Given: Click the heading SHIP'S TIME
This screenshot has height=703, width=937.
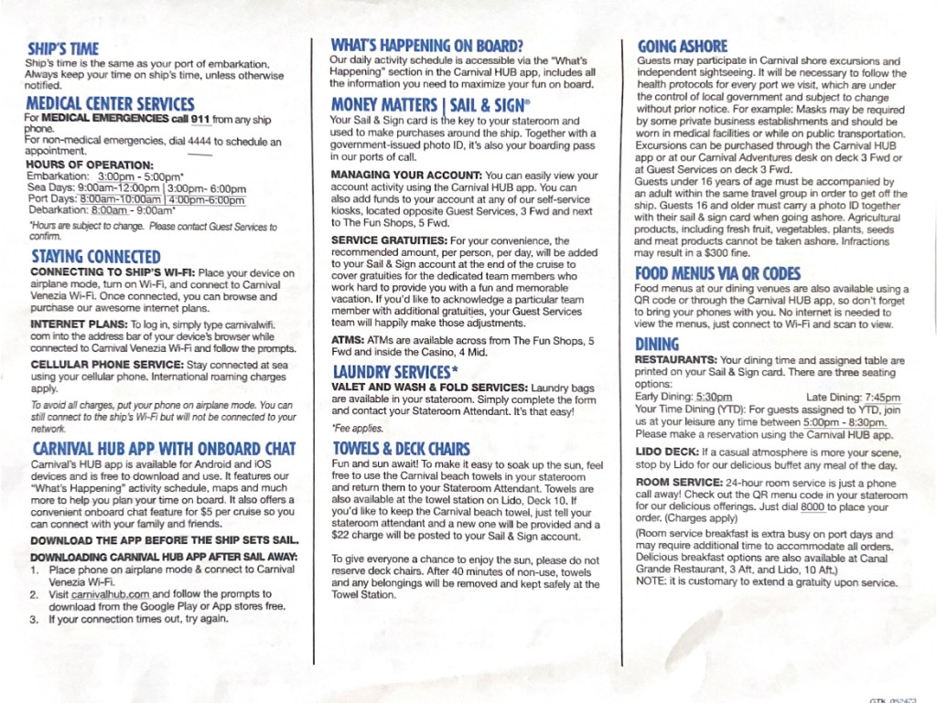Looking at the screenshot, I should (62, 48).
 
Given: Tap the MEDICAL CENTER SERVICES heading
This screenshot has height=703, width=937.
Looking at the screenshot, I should (110, 103).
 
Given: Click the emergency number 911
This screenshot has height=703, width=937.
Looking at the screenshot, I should (200, 119).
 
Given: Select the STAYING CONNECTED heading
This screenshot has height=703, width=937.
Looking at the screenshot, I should (95, 257).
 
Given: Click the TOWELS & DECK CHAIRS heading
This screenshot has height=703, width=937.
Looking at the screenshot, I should (401, 449).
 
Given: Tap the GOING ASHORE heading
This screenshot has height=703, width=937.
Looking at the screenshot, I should (683, 46).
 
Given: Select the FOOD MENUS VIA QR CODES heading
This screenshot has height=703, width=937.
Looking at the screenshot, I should (717, 273).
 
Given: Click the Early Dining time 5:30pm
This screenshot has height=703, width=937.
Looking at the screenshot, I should (714, 398).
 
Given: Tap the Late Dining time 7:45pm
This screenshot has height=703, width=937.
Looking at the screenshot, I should (882, 398).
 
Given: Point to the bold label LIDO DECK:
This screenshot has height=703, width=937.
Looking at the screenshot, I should (667, 452).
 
